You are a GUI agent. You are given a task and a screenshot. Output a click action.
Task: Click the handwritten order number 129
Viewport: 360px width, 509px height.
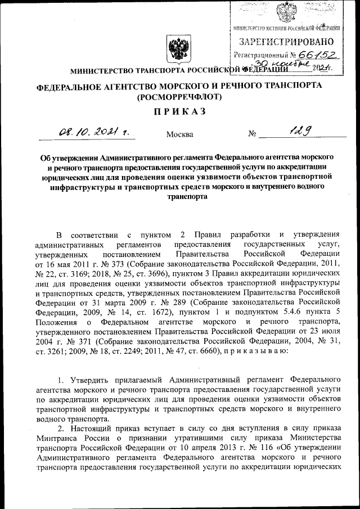(x=300, y=132)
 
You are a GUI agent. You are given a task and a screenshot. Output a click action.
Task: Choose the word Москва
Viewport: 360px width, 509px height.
(x=180, y=134)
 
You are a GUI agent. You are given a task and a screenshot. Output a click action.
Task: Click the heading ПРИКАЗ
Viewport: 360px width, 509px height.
(x=179, y=111)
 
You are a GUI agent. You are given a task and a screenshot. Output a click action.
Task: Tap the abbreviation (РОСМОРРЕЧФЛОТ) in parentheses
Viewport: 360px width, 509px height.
(x=179, y=96)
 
